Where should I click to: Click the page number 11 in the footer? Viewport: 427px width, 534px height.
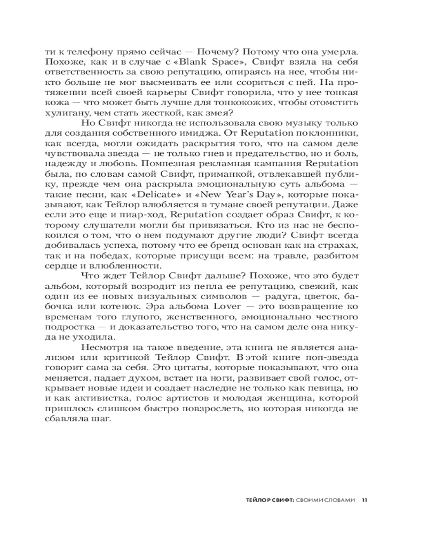pyautogui.click(x=364, y=500)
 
